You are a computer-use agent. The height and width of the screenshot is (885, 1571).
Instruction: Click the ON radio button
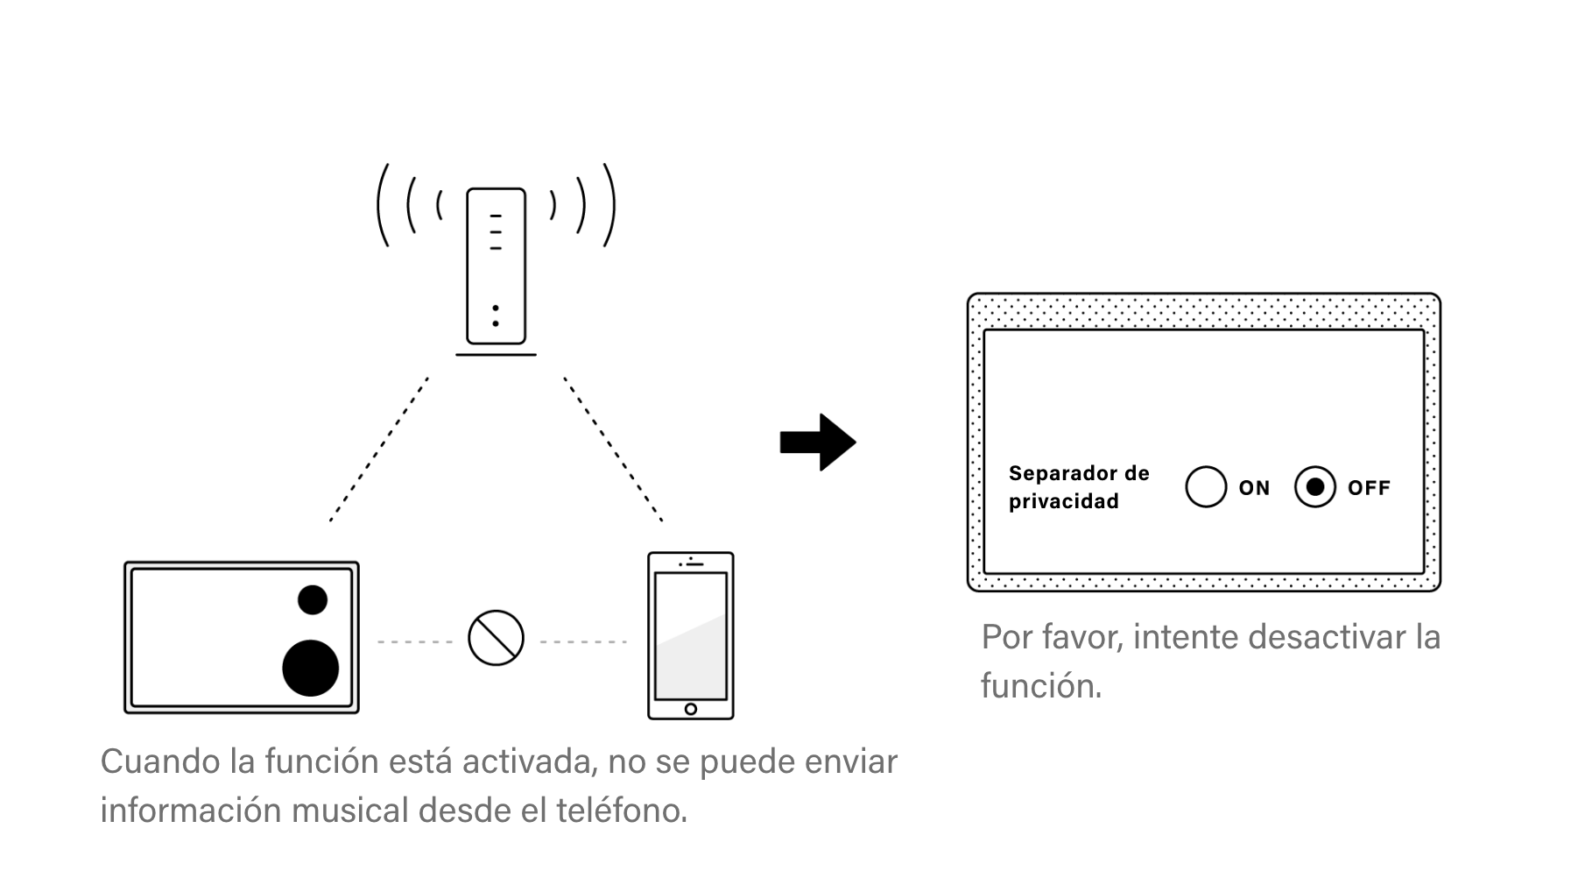pos(1205,487)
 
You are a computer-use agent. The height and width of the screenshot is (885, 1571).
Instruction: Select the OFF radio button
pos(1314,487)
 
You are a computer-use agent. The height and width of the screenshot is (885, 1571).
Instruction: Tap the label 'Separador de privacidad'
pos(1078,487)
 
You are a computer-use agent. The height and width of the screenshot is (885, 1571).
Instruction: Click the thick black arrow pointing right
pos(818,442)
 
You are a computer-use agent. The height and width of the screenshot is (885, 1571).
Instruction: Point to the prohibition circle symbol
pos(496,638)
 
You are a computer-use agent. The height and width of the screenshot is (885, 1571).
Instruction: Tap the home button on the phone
pos(690,709)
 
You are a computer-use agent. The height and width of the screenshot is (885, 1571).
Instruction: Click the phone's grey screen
pos(690,635)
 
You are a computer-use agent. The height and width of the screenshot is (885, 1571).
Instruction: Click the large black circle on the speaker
pos(310,668)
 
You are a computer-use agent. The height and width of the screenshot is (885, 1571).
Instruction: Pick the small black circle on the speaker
pos(312,600)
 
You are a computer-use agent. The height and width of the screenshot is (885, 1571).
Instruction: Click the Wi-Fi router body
pos(496,265)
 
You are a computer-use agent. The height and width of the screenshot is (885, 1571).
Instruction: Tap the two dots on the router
pos(496,316)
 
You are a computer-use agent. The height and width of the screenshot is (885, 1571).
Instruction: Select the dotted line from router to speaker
pos(378,450)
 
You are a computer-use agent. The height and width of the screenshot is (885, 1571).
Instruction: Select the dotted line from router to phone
pos(613,450)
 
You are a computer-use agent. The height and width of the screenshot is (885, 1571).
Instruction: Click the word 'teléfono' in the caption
pos(622,811)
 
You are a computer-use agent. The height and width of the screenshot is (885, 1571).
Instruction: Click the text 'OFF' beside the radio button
pos(1369,488)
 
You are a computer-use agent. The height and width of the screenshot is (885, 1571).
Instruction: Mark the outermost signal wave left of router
pos(382,205)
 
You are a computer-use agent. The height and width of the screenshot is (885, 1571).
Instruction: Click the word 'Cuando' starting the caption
pos(160,761)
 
